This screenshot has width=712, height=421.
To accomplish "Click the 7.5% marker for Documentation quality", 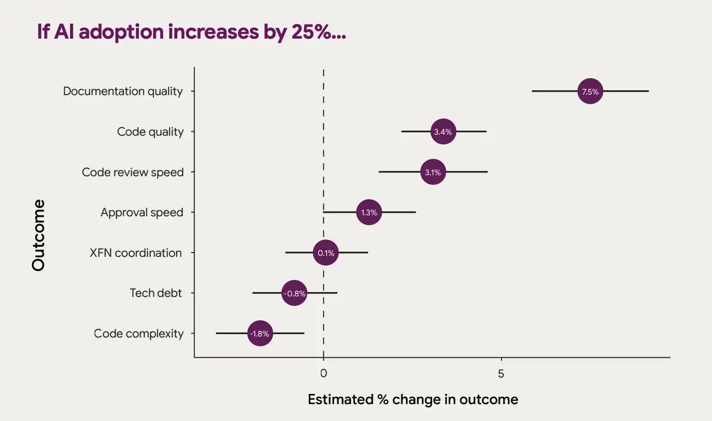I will click(x=590, y=91).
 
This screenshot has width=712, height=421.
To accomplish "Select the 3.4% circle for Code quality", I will click(x=443, y=131).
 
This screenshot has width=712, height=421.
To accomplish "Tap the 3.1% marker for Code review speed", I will click(x=433, y=172).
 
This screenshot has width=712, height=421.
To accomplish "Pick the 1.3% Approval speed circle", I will click(x=369, y=212).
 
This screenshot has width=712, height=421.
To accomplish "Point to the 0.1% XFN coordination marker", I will click(x=326, y=253).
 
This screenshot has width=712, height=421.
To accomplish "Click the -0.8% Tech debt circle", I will click(x=294, y=293).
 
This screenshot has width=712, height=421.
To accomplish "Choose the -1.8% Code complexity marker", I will click(x=260, y=333).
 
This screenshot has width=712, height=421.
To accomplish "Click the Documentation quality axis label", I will click(x=123, y=91).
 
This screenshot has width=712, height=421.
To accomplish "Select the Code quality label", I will click(x=150, y=132).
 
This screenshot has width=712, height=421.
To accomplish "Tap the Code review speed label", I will click(x=133, y=172).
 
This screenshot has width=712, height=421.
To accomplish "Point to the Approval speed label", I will click(x=142, y=212).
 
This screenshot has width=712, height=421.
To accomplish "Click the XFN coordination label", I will click(x=136, y=253).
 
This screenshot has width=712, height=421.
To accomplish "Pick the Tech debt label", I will click(x=155, y=293).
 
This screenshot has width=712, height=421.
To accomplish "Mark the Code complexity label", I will click(x=138, y=334).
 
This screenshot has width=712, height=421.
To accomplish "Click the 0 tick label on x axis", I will click(x=323, y=373).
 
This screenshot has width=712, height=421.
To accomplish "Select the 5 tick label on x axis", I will click(x=501, y=373).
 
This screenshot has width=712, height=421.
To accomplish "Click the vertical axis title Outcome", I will click(x=38, y=235).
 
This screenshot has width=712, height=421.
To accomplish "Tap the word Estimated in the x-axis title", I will click(x=340, y=399).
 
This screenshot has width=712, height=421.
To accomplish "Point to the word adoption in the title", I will click(x=121, y=32).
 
